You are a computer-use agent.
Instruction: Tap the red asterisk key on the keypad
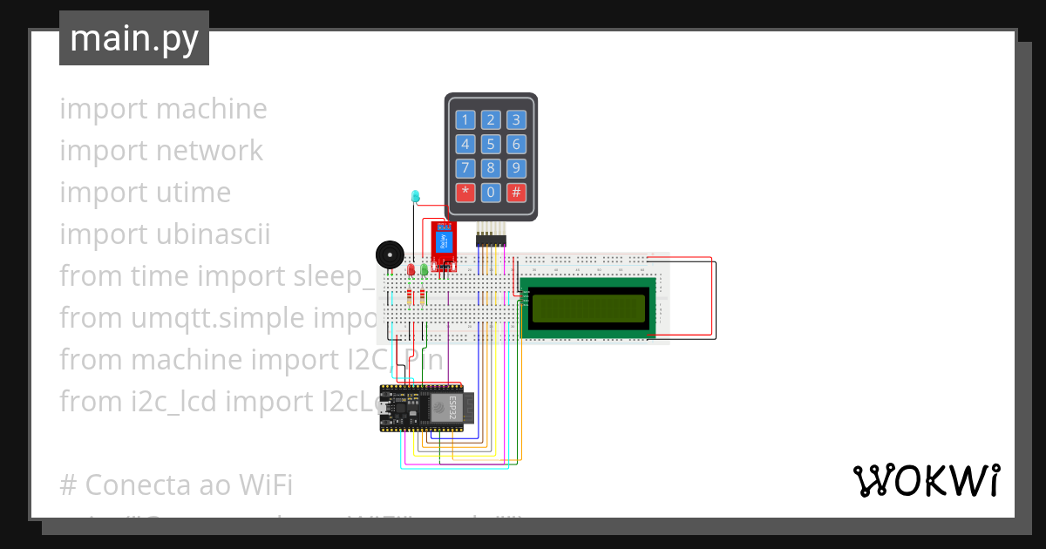point(465,192)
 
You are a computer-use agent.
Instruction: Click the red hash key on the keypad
point(516,192)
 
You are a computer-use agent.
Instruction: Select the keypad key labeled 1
point(465,120)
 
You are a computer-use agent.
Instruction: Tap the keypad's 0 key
point(491,192)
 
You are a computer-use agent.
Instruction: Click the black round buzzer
point(389,255)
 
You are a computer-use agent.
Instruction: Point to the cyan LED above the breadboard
point(416,197)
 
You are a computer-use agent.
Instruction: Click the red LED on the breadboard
point(411,270)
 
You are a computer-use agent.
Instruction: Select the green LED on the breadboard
point(425,270)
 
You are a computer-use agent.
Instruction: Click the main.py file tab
point(134,38)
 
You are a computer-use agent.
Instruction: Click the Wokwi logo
point(926,480)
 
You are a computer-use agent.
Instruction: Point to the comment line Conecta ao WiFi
point(176,485)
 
